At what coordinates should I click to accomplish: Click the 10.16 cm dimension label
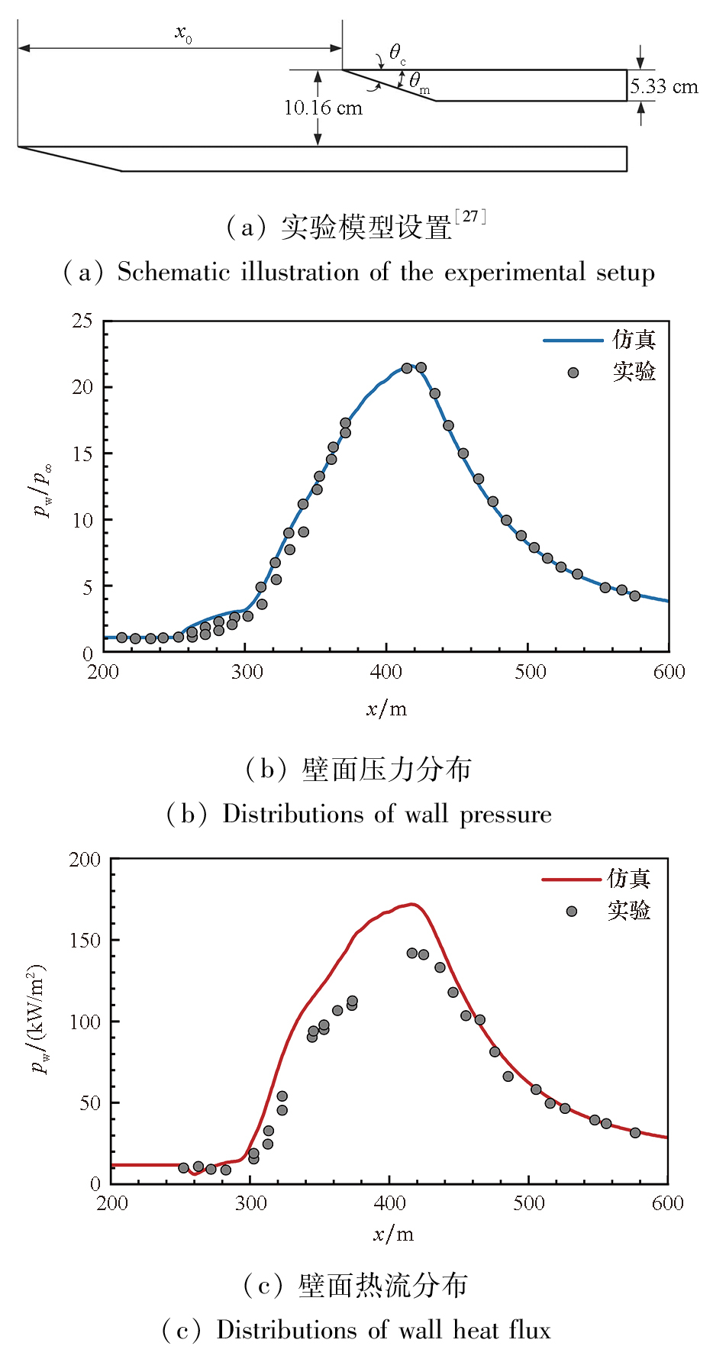323,108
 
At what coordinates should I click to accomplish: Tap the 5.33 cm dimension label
664,87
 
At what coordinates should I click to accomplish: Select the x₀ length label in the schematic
183,33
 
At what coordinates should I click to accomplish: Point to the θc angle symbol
397,53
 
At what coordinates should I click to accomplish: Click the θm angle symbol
418,82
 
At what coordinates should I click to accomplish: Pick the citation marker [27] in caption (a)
470,217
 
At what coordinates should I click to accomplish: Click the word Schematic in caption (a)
173,273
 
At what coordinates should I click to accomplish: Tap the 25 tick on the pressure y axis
82,321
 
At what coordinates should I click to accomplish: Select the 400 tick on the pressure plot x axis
386,672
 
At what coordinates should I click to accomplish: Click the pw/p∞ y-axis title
44,490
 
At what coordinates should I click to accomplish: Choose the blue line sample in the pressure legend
573,341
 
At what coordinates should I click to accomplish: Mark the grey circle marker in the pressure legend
573,373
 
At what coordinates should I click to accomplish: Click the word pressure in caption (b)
505,815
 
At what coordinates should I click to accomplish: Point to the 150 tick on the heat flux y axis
85,941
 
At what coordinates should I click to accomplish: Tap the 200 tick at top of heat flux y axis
85,860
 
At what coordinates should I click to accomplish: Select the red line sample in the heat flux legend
571,880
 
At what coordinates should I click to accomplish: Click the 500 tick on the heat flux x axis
529,1204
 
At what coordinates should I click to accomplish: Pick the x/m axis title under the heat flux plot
393,1235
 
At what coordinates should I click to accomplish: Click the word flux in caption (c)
526,1331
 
